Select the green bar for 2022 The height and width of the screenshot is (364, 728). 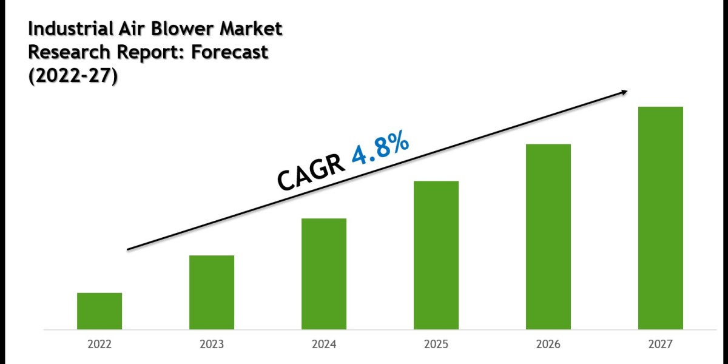(x=99, y=311)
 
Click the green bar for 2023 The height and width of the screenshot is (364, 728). (x=212, y=292)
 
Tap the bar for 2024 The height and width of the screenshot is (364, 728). (x=324, y=274)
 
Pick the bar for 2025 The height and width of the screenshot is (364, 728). (x=436, y=255)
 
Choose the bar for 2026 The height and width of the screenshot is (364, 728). (x=548, y=237)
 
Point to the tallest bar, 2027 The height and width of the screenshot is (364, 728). (x=661, y=218)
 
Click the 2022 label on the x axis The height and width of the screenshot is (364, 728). (x=99, y=345)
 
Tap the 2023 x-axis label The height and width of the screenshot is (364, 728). (x=212, y=345)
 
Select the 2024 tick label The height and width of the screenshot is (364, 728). (x=324, y=345)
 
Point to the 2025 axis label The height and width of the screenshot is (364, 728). (x=436, y=345)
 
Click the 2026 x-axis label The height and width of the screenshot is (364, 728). (x=548, y=345)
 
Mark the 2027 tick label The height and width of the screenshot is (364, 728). (x=661, y=345)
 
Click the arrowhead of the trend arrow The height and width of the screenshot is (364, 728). (x=623, y=92)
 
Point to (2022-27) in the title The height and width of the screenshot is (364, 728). (x=72, y=77)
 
